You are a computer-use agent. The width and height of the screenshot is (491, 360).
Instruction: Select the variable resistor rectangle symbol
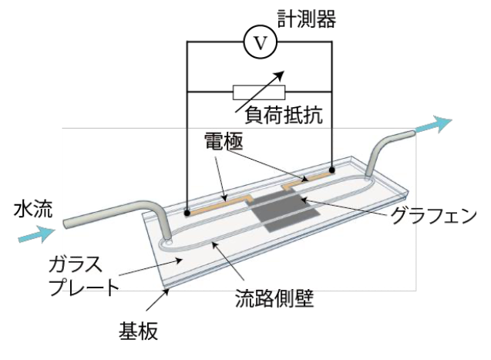click(x=260, y=92)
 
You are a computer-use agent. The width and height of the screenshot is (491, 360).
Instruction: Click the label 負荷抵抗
click(x=284, y=116)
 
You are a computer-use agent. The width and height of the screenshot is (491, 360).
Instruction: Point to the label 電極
click(x=222, y=142)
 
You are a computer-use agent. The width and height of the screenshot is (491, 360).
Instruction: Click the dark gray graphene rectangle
click(x=283, y=210)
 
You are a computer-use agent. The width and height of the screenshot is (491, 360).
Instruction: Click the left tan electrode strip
click(x=220, y=204)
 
